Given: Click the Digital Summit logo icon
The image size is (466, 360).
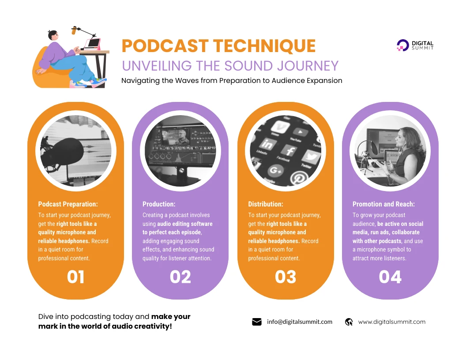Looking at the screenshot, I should (x=403, y=45).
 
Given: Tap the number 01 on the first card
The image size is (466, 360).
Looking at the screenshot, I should (x=75, y=277).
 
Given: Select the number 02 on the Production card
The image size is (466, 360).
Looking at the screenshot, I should (x=180, y=277).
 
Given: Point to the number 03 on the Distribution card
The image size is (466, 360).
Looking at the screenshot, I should (x=286, y=277).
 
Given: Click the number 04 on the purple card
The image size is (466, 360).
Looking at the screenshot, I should (x=390, y=277).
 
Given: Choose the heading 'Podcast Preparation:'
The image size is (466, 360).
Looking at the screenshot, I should (x=68, y=204).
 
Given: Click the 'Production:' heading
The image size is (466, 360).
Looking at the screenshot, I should (x=159, y=204).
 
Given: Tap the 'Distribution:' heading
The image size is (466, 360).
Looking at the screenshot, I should (x=266, y=204).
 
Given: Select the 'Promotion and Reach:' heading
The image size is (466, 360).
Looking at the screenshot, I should (x=383, y=204).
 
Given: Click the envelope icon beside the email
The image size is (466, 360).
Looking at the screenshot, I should (x=257, y=322).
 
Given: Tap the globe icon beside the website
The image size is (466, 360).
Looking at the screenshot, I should (x=349, y=322).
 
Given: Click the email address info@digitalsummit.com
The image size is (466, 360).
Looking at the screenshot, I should (x=300, y=322).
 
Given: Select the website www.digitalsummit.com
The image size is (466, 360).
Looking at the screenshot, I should (x=392, y=322).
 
